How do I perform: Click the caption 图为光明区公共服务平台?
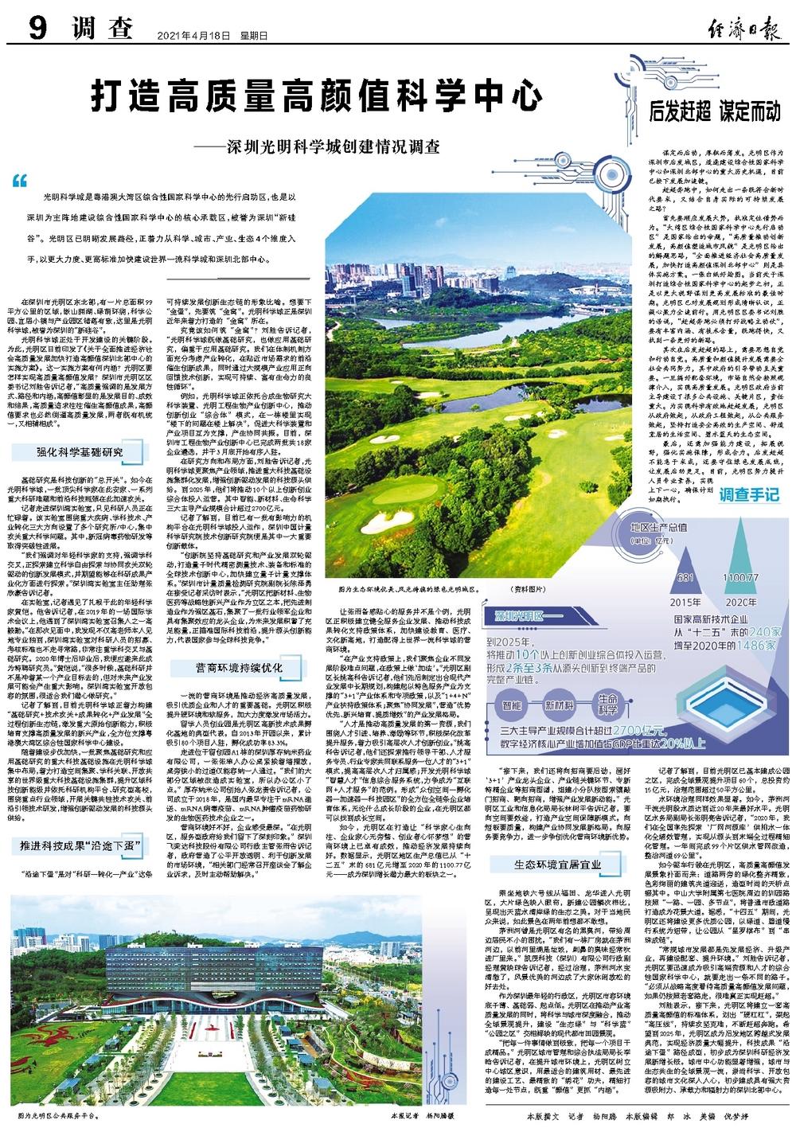tap(62, 1116)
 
